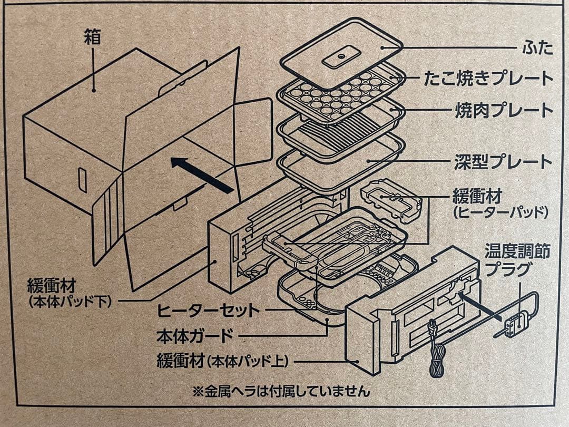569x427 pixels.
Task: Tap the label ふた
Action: click(x=538, y=48)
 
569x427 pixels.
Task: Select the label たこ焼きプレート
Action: click(x=488, y=79)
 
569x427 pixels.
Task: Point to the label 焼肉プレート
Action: click(x=504, y=111)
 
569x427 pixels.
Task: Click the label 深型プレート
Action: click(x=504, y=161)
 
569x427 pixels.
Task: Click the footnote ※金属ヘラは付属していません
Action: click(x=281, y=391)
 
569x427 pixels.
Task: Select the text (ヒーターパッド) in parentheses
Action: click(x=501, y=213)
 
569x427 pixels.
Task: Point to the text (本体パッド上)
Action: click(x=247, y=362)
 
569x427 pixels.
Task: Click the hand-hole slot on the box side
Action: click(x=82, y=180)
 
